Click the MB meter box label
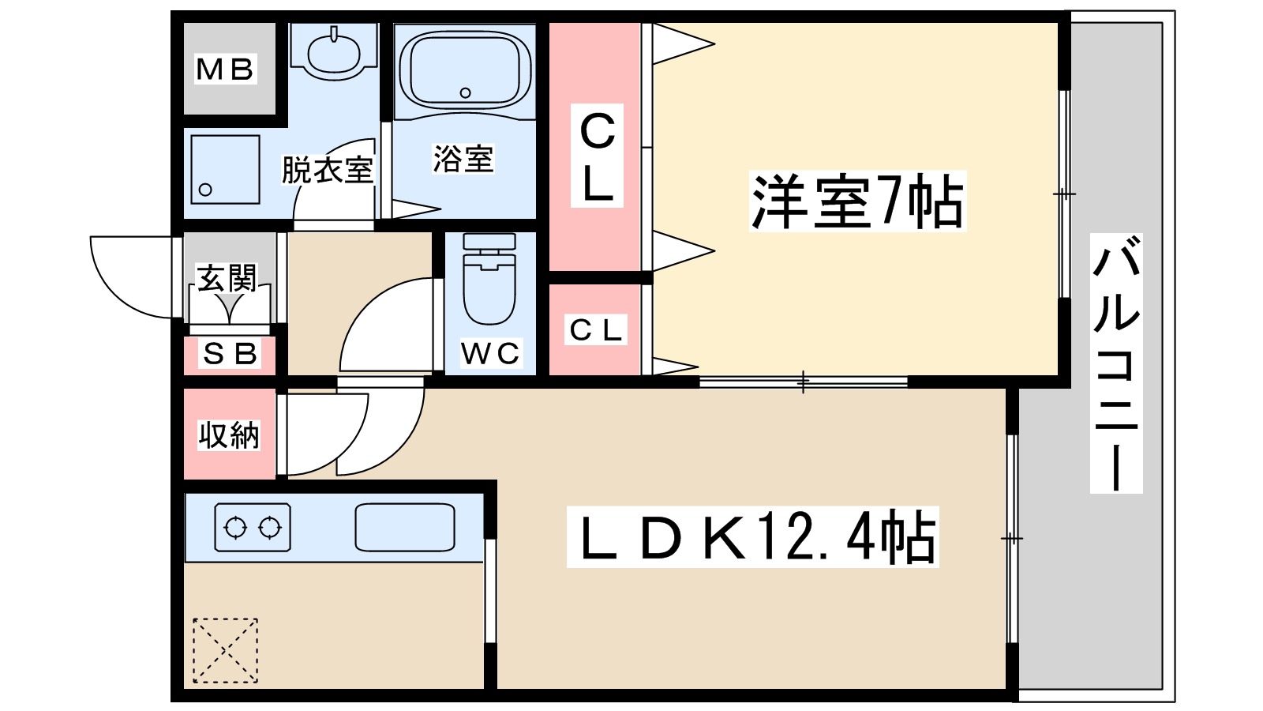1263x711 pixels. pyautogui.click(x=225, y=70)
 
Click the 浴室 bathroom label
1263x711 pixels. pyautogui.click(x=463, y=159)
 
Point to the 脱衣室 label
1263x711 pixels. pyautogui.click(x=328, y=169)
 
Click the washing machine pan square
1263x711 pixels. pyautogui.click(x=225, y=169)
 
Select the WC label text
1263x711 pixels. pyautogui.click(x=490, y=354)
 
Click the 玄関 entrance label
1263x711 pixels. pyautogui.click(x=226, y=278)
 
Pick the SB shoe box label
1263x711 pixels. pyautogui.click(x=230, y=355)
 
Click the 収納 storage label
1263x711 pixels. pyautogui.click(x=228, y=435)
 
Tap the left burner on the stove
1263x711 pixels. pyautogui.click(x=236, y=529)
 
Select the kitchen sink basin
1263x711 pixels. pyautogui.click(x=405, y=528)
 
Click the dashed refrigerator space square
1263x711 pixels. pyautogui.click(x=226, y=651)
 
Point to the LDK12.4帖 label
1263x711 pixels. pyautogui.click(x=753, y=537)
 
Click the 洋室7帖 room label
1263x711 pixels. pyautogui.click(x=857, y=201)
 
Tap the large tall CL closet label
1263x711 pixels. pyautogui.click(x=597, y=156)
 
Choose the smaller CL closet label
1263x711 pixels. pyautogui.click(x=596, y=330)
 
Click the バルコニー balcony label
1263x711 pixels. pyautogui.click(x=1116, y=363)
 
